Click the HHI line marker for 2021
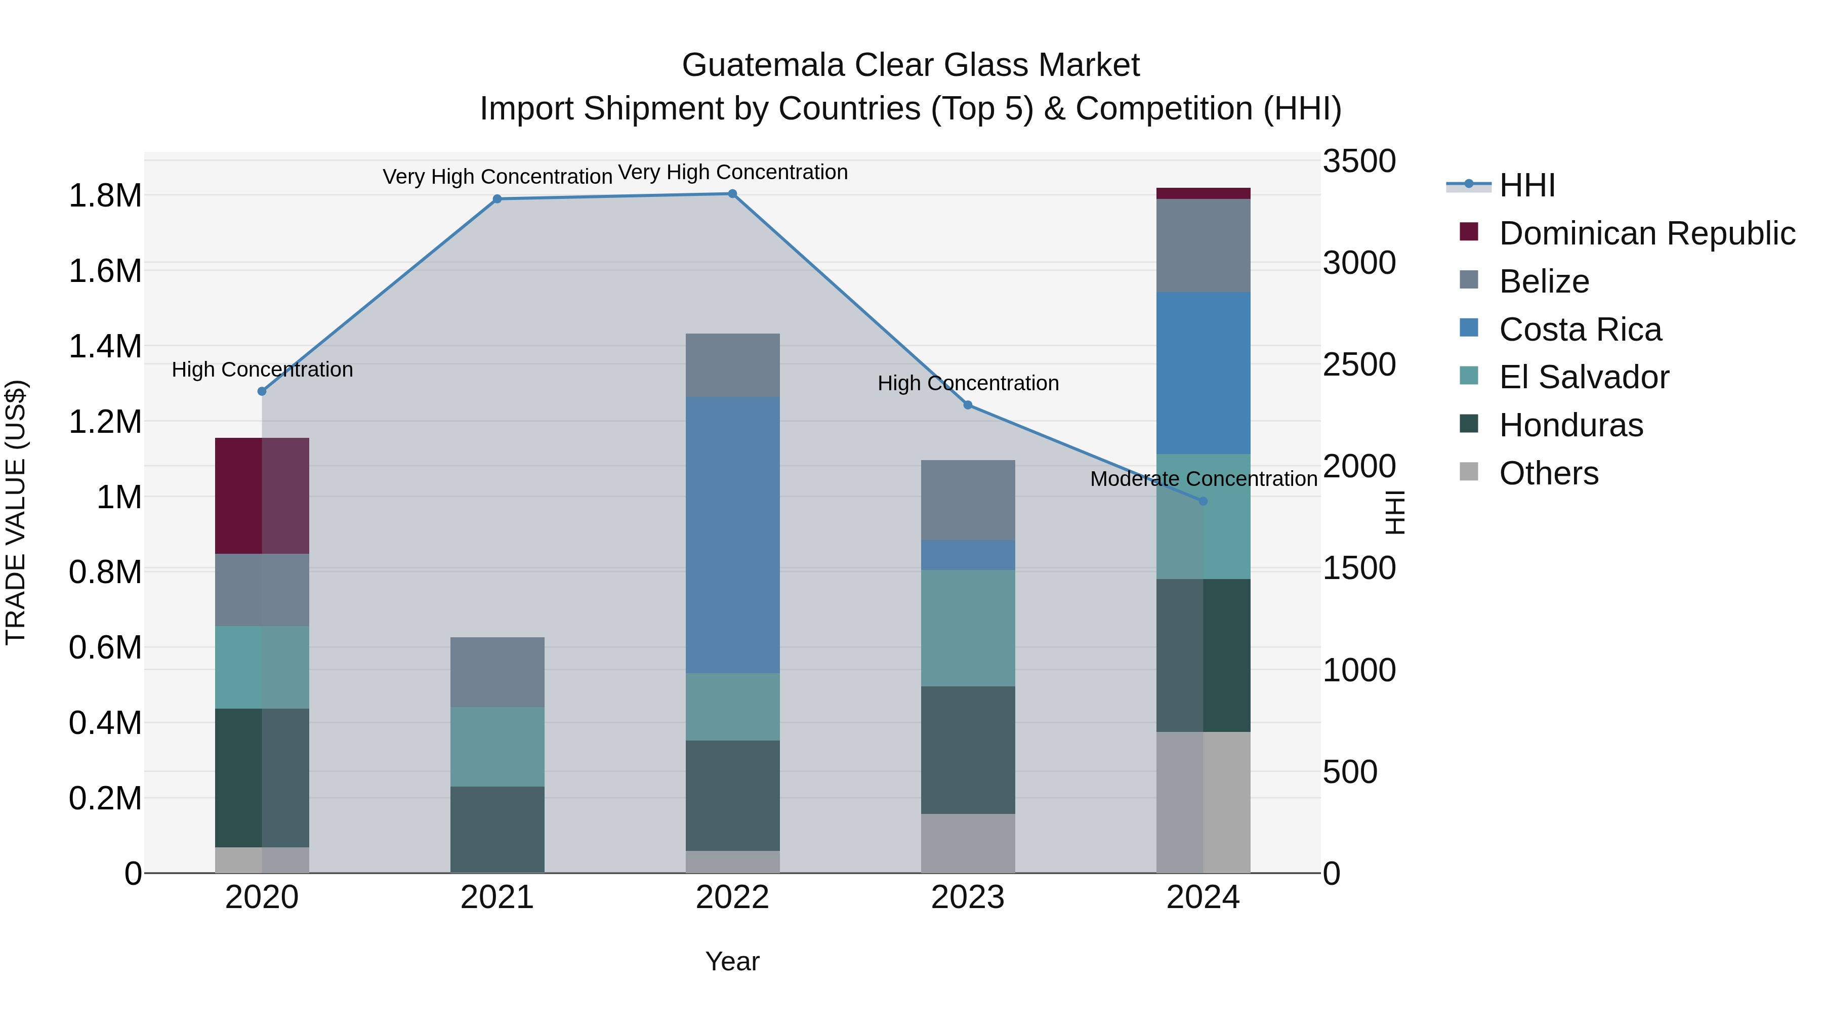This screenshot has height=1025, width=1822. point(497,199)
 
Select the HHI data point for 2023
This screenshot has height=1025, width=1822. point(968,404)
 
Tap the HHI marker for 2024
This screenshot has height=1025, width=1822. point(1203,501)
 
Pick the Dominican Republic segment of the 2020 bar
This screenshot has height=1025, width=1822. point(262,495)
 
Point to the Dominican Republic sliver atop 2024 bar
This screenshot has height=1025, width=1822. point(1203,193)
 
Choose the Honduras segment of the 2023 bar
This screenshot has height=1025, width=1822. point(968,749)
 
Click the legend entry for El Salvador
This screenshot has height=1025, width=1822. point(1584,377)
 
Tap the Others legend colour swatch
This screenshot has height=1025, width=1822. point(1468,472)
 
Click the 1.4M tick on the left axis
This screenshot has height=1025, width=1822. point(105,347)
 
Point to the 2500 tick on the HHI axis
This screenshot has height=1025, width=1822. point(1359,365)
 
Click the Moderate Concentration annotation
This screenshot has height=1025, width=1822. point(1203,479)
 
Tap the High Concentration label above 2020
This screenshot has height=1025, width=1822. point(262,370)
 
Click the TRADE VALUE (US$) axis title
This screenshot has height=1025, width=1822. point(16,512)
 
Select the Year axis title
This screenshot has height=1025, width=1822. point(732,961)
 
